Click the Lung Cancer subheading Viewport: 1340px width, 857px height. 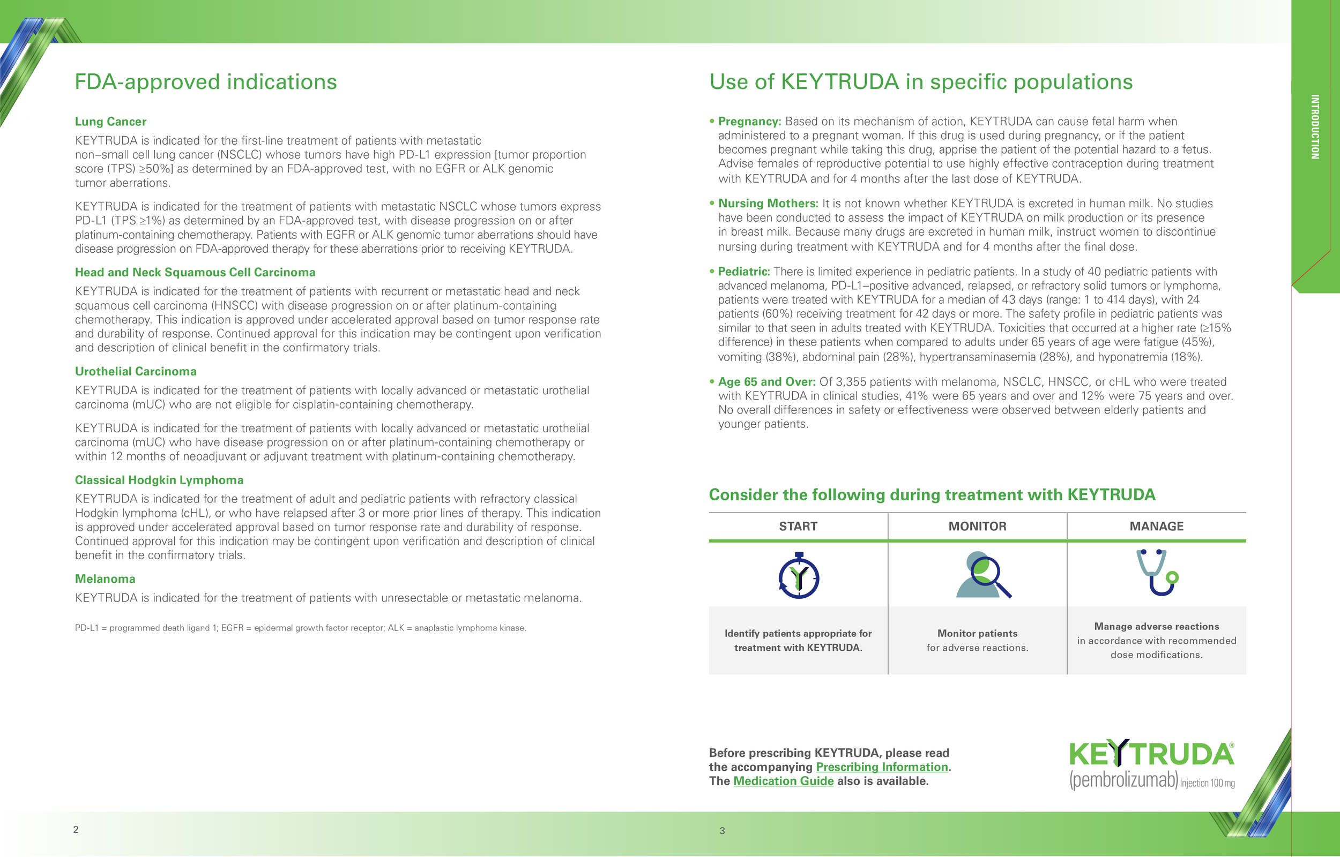click(x=111, y=121)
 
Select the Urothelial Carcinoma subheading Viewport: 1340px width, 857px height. click(x=135, y=371)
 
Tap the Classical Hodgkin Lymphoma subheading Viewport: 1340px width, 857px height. click(x=159, y=480)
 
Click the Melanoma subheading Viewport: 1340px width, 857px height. click(x=105, y=579)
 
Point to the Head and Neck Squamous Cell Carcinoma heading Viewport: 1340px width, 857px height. click(x=195, y=272)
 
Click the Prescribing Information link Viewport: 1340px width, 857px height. click(x=882, y=767)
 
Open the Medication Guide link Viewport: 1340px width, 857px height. click(x=783, y=781)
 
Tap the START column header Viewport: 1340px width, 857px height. click(x=798, y=527)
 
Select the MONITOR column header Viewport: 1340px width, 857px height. click(x=977, y=527)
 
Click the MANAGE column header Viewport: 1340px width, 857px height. click(x=1156, y=527)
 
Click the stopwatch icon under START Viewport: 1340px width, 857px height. click(x=798, y=576)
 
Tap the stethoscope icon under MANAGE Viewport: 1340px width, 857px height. click(x=1157, y=573)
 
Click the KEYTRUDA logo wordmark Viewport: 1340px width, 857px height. click(x=1151, y=754)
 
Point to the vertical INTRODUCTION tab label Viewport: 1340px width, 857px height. click(x=1315, y=127)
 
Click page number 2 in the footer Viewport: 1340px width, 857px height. click(x=76, y=829)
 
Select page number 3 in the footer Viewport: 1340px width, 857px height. click(x=722, y=831)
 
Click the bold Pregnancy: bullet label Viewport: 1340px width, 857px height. click(x=749, y=121)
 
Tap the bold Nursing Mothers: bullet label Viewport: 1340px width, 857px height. click(x=768, y=203)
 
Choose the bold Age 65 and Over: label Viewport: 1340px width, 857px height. click(x=766, y=382)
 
